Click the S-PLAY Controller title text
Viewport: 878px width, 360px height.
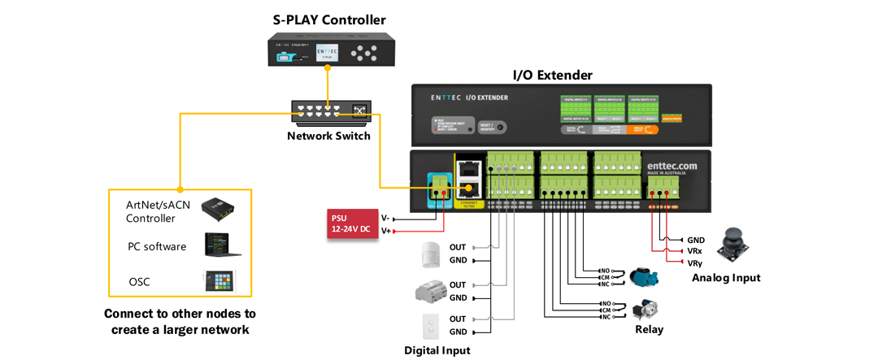pos(328,20)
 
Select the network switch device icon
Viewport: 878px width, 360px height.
pos(328,113)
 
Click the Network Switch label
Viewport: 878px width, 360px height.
pos(328,136)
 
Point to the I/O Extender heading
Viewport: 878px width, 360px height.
pos(552,75)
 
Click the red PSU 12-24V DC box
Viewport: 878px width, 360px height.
pos(350,223)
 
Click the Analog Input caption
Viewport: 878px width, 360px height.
pos(726,278)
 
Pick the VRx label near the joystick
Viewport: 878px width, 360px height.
pos(694,252)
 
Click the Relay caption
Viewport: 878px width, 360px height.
pos(649,329)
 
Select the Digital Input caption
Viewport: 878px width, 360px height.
pos(437,350)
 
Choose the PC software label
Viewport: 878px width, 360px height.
pos(157,246)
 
